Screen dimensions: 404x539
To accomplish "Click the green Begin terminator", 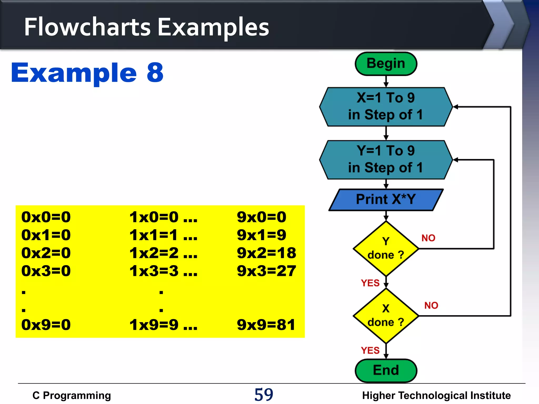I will point(386,64).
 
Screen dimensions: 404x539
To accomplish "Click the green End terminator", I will point(386,370).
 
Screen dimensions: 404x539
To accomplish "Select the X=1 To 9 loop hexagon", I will point(386,107).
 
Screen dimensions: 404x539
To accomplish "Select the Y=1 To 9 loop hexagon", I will point(386,160).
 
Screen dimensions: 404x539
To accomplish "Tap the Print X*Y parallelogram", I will point(386,199).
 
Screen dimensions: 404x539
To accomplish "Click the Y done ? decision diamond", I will point(386,248).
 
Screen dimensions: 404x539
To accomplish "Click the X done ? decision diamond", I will point(386,316).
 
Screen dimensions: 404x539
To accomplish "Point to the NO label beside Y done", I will point(428,238).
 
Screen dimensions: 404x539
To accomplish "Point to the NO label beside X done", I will point(431,305).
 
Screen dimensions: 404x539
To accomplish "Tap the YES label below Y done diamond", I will point(370,283).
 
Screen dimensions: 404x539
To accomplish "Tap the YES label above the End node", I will point(370,350).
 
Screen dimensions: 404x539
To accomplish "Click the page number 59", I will point(264,395).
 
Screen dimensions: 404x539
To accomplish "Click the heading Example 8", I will point(87,73).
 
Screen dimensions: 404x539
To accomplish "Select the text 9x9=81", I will point(266,325).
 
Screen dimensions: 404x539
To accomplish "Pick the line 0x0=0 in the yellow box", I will point(46,217).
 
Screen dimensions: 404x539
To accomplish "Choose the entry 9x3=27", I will point(266,271).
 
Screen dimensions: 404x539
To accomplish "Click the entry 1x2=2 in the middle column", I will point(154,253).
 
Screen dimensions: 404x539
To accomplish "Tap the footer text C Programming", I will point(72,395).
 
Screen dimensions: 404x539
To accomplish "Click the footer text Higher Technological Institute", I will point(436,395).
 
